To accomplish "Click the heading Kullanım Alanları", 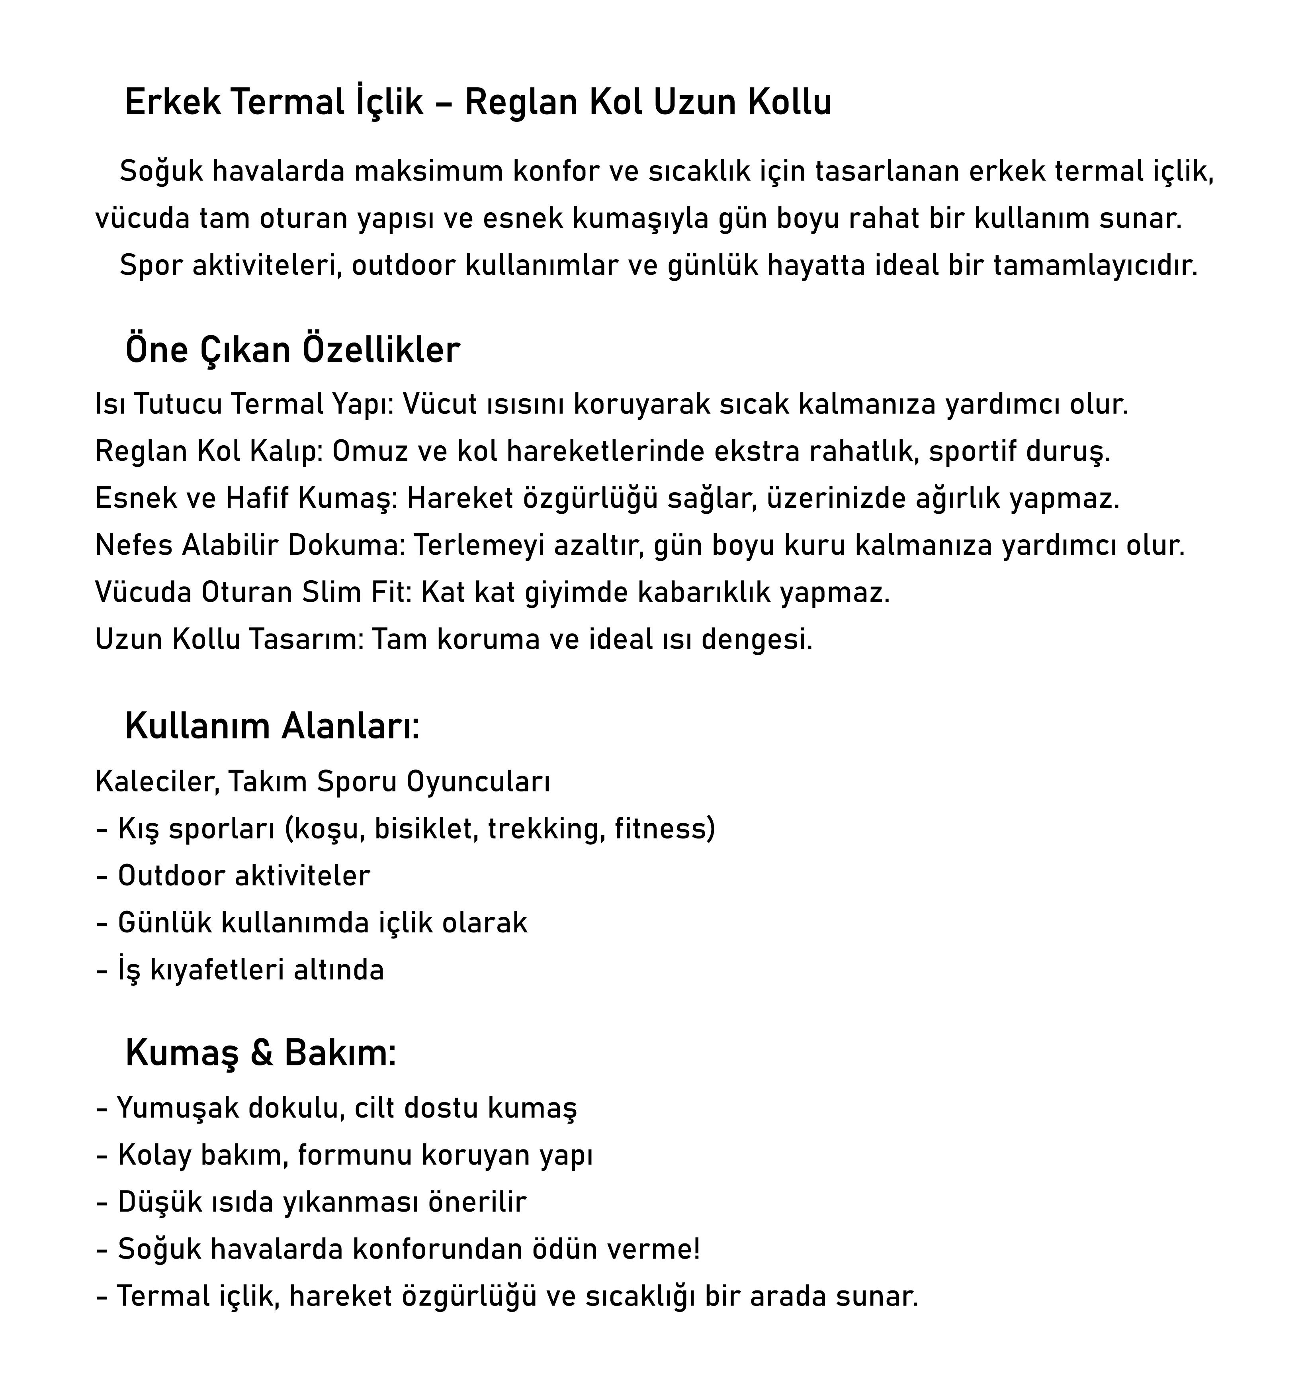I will pyautogui.click(x=272, y=726).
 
